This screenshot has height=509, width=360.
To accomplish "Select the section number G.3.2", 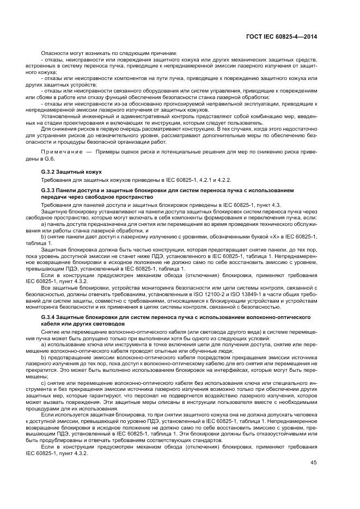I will point(51,171).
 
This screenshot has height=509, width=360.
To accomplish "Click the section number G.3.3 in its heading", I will point(51,190).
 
